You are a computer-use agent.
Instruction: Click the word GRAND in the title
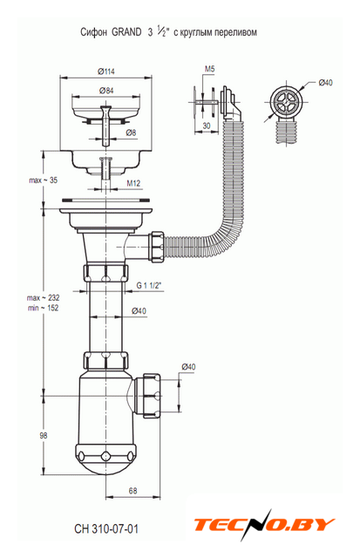tap(126, 32)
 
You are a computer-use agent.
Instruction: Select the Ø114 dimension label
tap(106, 71)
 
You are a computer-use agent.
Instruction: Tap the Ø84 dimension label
tap(106, 91)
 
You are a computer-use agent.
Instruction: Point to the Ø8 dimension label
tap(131, 133)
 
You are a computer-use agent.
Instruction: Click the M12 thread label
tap(133, 183)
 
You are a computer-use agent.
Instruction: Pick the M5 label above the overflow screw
tap(209, 69)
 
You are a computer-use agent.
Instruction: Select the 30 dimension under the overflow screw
tap(207, 126)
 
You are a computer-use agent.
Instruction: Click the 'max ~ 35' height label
tap(43, 180)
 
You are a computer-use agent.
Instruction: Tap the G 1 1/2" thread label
tap(149, 285)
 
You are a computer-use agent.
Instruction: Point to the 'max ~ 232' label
tap(43, 297)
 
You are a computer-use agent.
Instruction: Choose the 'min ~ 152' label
tap(43, 308)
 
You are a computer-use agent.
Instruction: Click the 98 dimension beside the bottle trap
tap(44, 435)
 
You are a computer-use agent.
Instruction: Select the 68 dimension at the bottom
tap(132, 491)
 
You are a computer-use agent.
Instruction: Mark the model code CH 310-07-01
tap(106, 529)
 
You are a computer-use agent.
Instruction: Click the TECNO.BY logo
tap(264, 525)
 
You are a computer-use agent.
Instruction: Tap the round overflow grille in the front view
tap(286, 102)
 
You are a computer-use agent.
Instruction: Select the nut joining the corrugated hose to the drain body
tap(157, 247)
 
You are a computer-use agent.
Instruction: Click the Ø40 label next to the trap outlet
tap(188, 366)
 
